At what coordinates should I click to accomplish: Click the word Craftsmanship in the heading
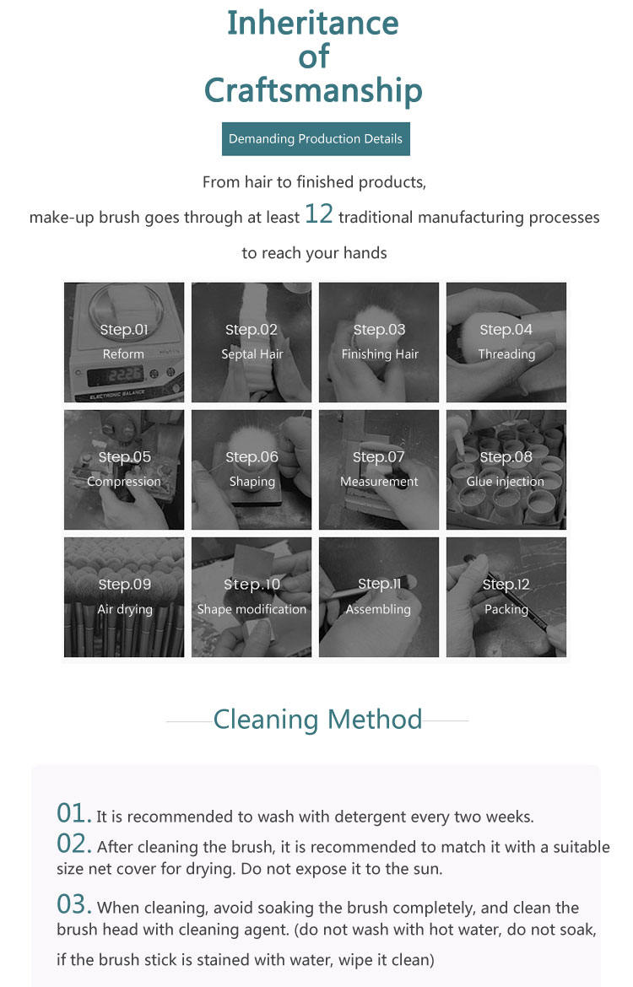coord(313,90)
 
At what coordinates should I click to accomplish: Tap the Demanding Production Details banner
coord(316,139)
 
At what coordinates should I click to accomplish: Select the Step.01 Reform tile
coord(124,342)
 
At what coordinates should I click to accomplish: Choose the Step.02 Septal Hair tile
coord(252,342)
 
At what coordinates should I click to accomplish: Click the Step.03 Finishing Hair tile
coord(379,342)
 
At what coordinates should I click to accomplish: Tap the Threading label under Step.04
coord(506,354)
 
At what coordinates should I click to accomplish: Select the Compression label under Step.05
coord(124,482)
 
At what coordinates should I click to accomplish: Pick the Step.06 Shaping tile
coord(252,469)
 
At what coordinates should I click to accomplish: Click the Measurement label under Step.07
coord(379,482)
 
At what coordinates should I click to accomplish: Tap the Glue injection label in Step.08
coord(506,482)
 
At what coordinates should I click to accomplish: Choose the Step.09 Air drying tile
coord(124,596)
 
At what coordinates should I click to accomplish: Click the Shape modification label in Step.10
coord(252,609)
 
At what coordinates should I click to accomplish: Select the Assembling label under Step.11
coord(379,609)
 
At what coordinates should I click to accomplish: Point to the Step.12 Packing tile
coord(506,596)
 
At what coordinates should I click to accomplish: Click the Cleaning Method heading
coord(317,720)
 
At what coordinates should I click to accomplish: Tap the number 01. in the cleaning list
coord(73,813)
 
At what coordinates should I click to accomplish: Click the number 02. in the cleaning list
coord(74,844)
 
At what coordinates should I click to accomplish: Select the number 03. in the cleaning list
coord(74,904)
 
